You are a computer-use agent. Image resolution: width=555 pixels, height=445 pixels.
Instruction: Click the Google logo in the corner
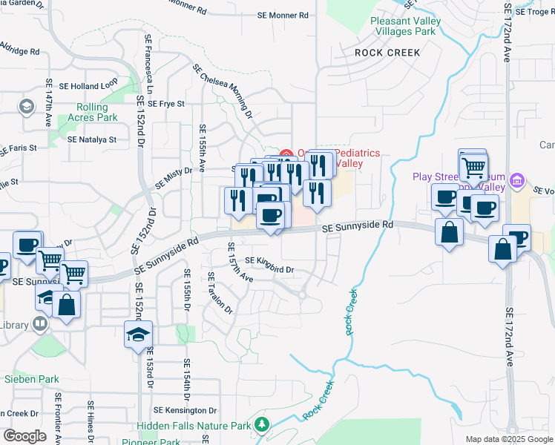point(24,436)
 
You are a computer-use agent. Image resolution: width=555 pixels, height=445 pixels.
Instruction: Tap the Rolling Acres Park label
point(93,112)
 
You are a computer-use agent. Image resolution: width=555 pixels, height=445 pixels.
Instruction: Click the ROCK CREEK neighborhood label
point(387,53)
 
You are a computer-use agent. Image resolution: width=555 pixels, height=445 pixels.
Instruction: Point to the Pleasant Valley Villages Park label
point(403,27)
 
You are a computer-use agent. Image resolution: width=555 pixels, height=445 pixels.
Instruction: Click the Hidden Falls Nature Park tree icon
point(260,425)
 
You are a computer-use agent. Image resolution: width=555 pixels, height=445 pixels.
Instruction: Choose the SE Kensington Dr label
point(185,410)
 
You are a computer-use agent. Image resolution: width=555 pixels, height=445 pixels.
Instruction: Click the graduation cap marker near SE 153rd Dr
point(138,335)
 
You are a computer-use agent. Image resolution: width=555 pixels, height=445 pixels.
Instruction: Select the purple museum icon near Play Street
point(517,180)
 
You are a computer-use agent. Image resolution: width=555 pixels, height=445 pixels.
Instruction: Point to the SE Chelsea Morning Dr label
point(223,90)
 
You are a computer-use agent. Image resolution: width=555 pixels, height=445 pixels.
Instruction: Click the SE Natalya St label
point(92,139)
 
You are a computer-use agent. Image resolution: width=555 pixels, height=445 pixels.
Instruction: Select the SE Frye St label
point(165,104)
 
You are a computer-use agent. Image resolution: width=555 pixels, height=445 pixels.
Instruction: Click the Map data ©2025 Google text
point(509,439)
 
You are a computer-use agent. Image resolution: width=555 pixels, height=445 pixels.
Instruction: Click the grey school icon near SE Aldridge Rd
point(27,107)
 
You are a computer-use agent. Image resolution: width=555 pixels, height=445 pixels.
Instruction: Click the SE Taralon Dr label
point(220,298)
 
